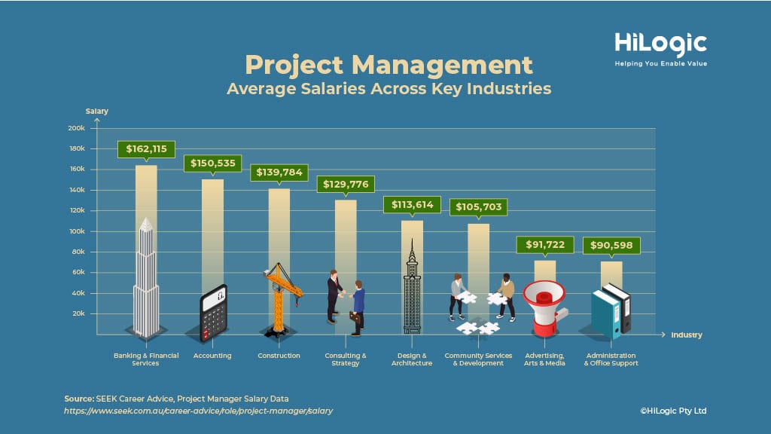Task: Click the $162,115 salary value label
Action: (x=146, y=148)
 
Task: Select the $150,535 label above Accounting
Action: (x=212, y=163)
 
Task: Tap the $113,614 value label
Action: (x=412, y=204)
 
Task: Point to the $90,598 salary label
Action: (x=611, y=245)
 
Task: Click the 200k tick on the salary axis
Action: (x=76, y=128)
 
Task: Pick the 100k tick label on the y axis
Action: (x=76, y=231)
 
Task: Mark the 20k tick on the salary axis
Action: (x=78, y=313)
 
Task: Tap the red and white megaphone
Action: (x=544, y=306)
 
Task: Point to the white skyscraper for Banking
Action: (x=146, y=279)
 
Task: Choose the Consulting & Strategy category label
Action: (x=346, y=359)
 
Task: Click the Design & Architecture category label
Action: (x=412, y=359)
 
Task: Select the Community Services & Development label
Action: (x=478, y=359)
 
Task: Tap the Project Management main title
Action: (x=389, y=64)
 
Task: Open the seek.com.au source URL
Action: (x=198, y=411)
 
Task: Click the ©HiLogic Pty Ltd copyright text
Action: (x=672, y=411)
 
